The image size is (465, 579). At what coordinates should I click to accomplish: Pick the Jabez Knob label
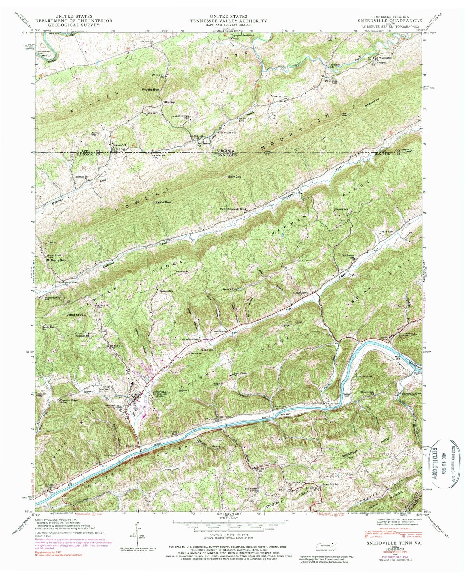tap(75, 314)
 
